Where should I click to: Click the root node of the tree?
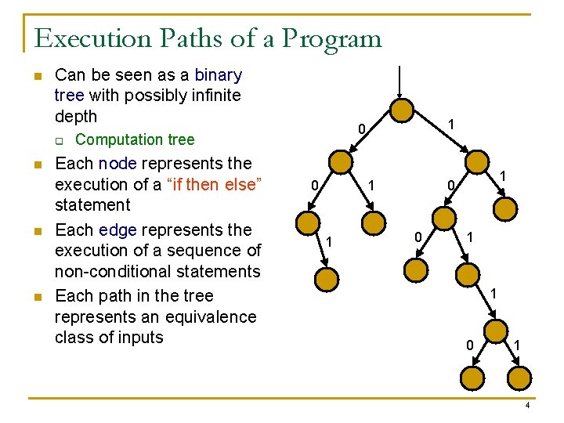(403, 110)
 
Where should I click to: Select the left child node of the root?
(341, 162)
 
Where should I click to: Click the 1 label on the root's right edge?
(451, 124)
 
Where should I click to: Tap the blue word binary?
(218, 75)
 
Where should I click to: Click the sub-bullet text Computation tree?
(135, 139)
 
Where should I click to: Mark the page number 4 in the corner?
(527, 406)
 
